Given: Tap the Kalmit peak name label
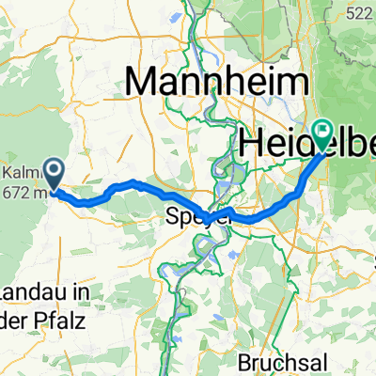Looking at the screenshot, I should click(18, 175).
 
